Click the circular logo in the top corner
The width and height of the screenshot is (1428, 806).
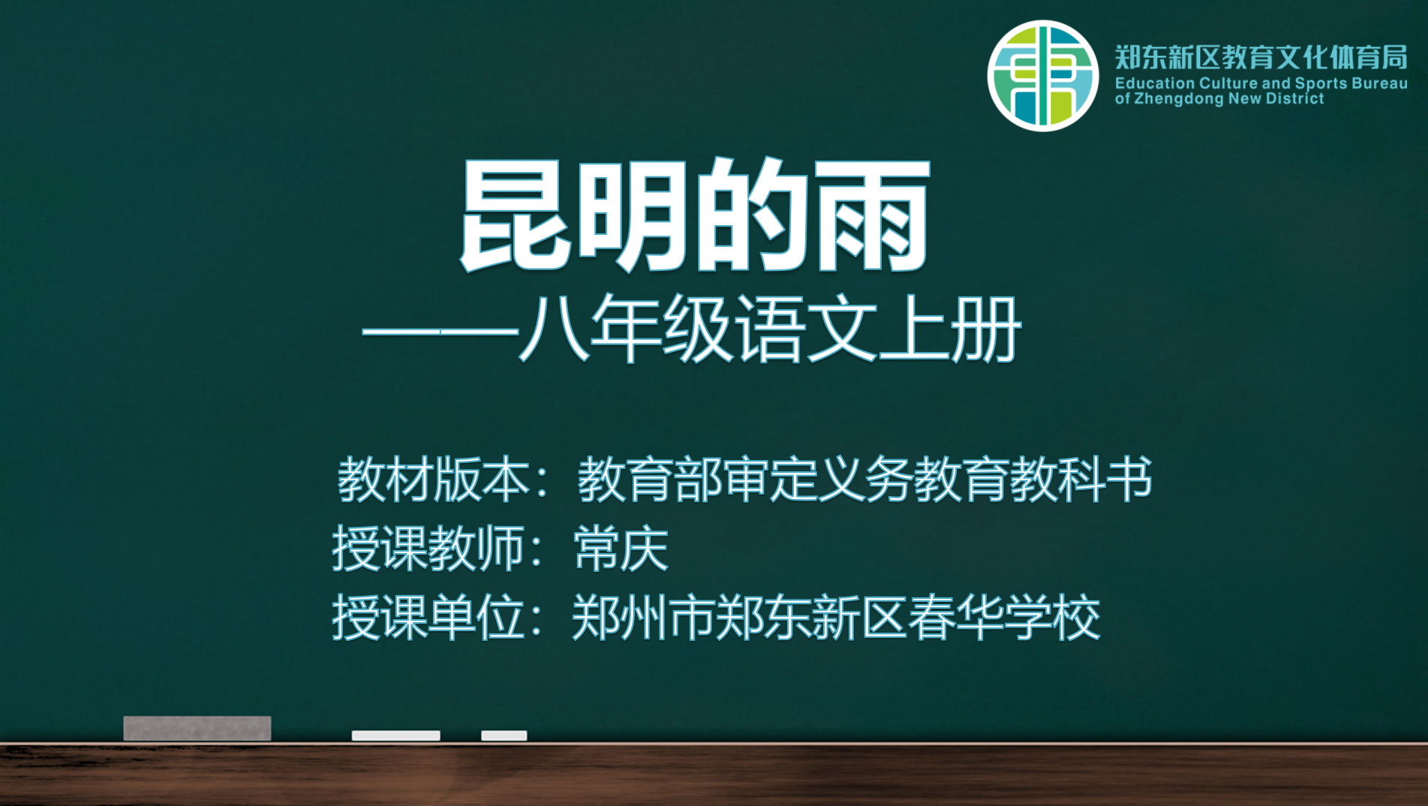(1042, 76)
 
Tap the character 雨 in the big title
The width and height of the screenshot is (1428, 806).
(873, 216)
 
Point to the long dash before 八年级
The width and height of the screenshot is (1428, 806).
(440, 331)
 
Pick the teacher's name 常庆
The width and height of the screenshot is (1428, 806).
(621, 549)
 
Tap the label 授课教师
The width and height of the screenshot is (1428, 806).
(428, 549)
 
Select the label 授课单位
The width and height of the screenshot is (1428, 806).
(428, 618)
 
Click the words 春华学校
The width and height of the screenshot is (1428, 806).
(1005, 618)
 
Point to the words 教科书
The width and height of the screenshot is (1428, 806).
(1081, 480)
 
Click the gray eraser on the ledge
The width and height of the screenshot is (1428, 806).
(197, 728)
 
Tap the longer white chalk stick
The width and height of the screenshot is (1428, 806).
(395, 735)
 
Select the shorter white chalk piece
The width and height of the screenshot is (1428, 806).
(504, 735)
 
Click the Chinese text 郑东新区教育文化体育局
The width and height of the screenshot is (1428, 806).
(1261, 57)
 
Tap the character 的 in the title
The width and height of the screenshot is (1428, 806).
(752, 216)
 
